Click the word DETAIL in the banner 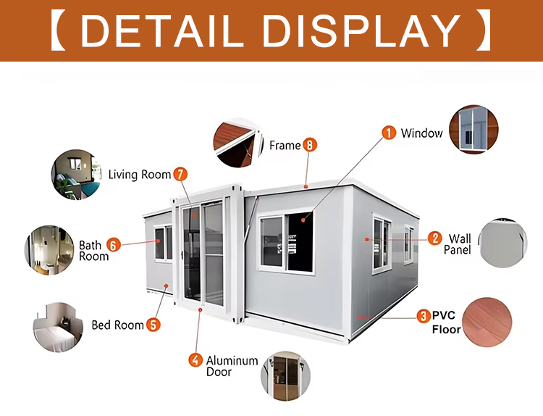point(161,30)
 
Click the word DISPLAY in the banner point(362,30)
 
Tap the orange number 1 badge point(389,133)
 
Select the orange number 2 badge point(434,238)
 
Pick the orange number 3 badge point(424,316)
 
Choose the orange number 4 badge point(195,360)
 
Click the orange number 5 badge point(153,325)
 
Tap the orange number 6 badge point(113,245)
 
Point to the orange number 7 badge point(180,174)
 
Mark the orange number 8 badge point(310,145)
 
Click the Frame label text point(285,145)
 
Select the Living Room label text point(140,175)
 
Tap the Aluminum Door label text point(232,366)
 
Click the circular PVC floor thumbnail point(487,322)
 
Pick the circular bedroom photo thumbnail point(58,328)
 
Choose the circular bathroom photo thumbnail point(49,250)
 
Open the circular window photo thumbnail point(473,129)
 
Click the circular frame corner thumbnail point(238,143)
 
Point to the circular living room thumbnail point(77,175)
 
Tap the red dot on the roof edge point(306,187)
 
